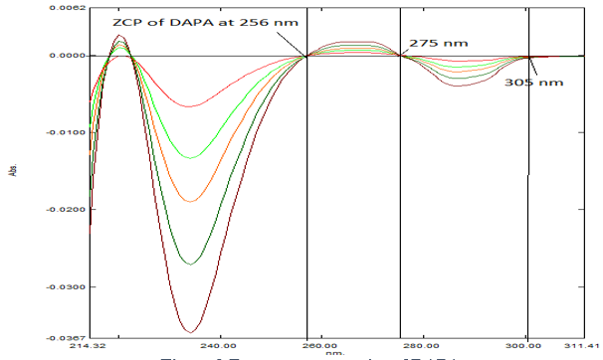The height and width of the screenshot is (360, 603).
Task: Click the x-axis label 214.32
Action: coord(88,347)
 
